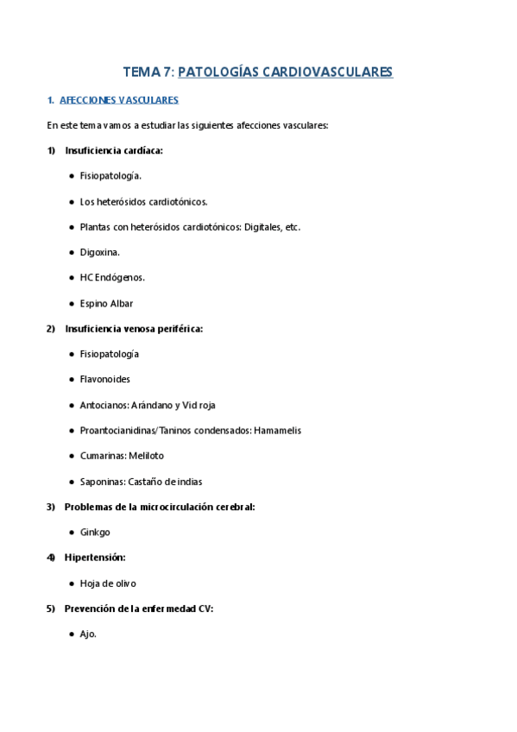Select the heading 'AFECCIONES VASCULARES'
119,100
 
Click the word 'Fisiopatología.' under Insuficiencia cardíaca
110,176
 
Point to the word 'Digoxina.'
100,252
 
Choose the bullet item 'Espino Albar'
106,303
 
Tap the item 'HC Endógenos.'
112,277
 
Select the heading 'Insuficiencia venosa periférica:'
134,329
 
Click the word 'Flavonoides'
105,379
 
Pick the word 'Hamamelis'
277,430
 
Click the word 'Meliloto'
146,455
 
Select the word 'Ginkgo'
95,532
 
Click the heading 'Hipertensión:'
95,558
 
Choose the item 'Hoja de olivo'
108,583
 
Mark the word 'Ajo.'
88,634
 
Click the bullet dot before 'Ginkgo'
70,532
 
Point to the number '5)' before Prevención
51,609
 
